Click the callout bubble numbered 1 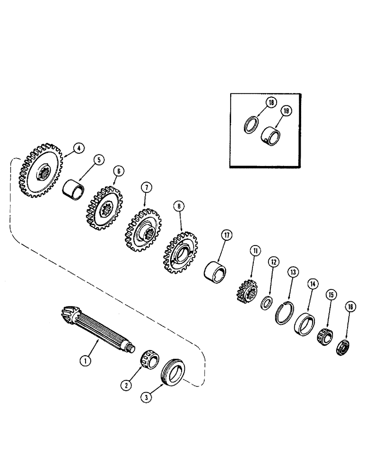pyautogui.click(x=85, y=360)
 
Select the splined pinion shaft pyautogui.click(x=99, y=331)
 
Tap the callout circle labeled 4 pyautogui.click(x=78, y=148)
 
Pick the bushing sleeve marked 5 pyautogui.click(x=73, y=190)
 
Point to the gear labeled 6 pyautogui.click(x=104, y=209)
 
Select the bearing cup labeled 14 pyautogui.click(x=304, y=324)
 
